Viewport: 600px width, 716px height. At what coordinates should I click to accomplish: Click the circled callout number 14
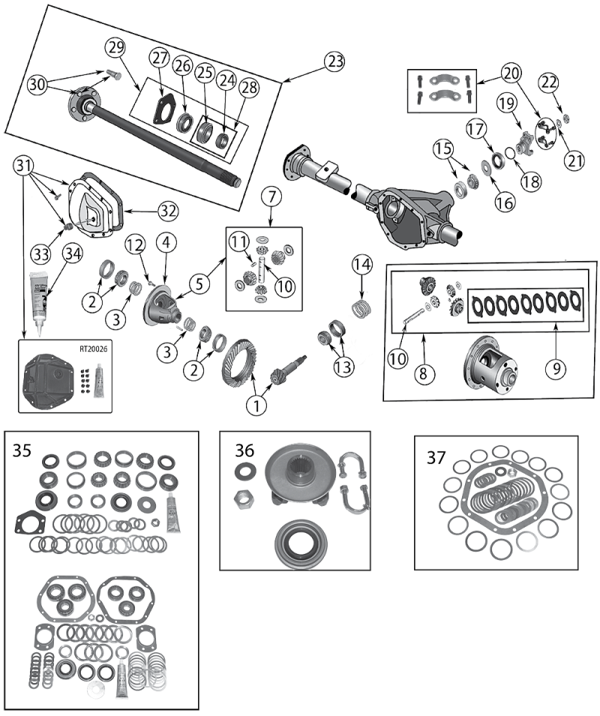coord(361,264)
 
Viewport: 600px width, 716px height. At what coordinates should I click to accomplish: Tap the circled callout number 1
coord(257,405)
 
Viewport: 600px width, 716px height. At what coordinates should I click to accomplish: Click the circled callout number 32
coord(168,212)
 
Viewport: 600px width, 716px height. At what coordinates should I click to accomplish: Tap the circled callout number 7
coord(271,198)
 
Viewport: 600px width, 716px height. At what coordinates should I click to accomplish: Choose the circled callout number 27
coord(160,59)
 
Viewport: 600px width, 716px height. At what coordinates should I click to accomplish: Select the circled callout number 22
coord(550,82)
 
